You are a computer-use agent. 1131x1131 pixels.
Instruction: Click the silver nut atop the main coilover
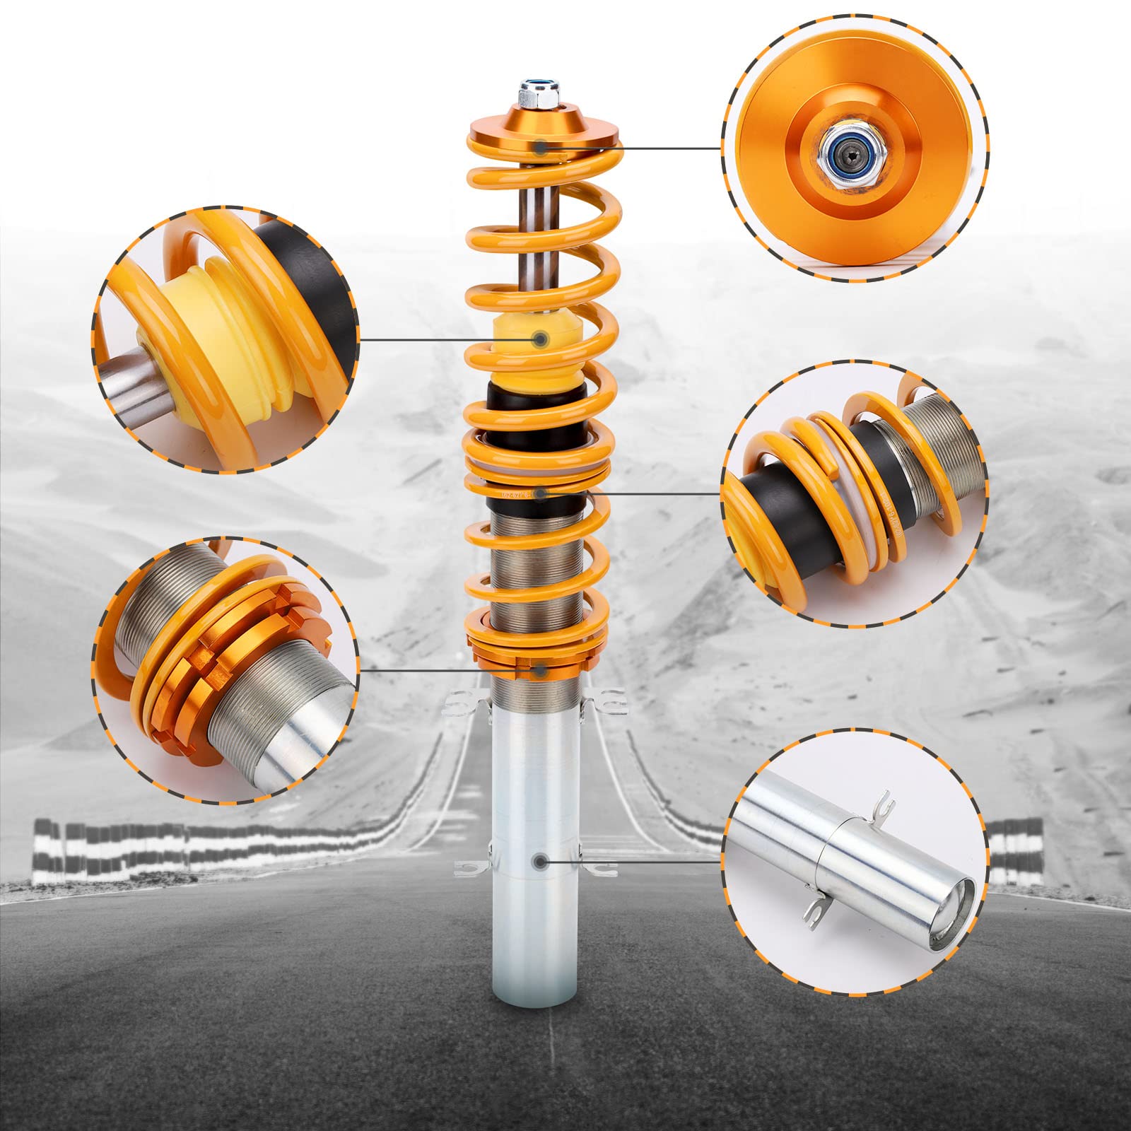pyautogui.click(x=539, y=93)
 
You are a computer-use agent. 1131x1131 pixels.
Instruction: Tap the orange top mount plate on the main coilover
pyautogui.click(x=541, y=127)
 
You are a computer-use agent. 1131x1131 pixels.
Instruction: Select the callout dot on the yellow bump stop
pyautogui.click(x=541, y=339)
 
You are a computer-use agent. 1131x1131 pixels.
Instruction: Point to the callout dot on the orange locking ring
pyautogui.click(x=541, y=669)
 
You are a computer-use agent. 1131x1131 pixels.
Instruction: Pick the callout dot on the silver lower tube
pyautogui.click(x=541, y=862)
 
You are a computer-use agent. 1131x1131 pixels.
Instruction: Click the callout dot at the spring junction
pyautogui.click(x=541, y=493)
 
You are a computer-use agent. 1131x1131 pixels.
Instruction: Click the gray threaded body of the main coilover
pyautogui.click(x=537, y=573)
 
